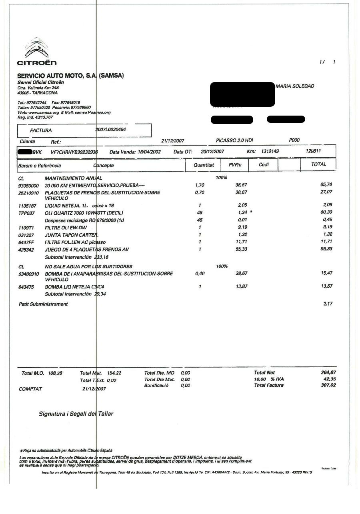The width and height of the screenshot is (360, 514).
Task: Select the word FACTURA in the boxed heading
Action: pos(41,130)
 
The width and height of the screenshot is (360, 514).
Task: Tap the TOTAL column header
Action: pos(318,164)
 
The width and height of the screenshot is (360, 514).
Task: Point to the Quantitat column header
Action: pos(204,165)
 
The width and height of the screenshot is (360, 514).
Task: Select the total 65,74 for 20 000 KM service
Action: pos(326,185)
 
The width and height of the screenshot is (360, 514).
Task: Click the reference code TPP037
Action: pos(26,213)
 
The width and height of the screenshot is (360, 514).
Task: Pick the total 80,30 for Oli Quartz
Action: pos(326,212)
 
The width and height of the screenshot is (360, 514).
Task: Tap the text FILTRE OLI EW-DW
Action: pos(66,227)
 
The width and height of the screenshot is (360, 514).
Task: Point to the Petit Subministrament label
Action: pos(43,304)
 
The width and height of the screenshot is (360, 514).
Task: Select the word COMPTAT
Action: pos(30,389)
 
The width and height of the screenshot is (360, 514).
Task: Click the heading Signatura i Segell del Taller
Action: pos(76,414)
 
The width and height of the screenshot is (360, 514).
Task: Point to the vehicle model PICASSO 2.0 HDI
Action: pos(234,140)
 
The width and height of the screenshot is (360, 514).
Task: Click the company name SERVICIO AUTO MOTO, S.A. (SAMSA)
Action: pos(70,76)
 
